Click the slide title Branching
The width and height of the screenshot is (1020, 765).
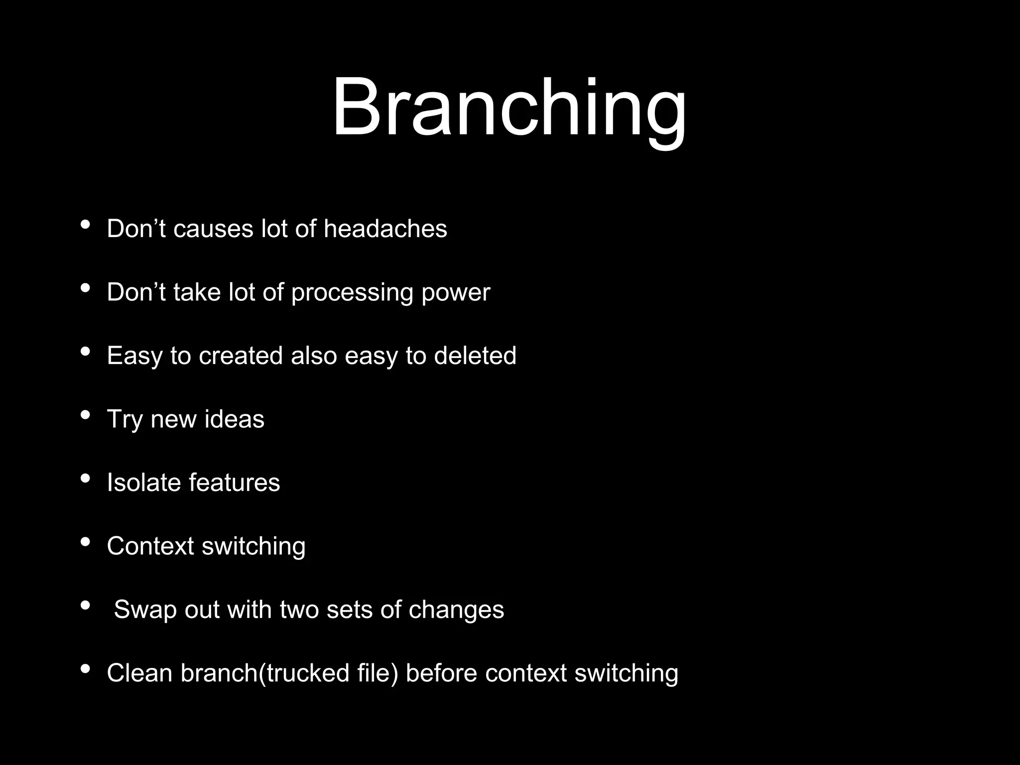(x=509, y=109)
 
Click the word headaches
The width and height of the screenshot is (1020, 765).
(x=385, y=229)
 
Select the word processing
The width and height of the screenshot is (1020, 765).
(x=352, y=293)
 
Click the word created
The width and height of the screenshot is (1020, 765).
(x=241, y=356)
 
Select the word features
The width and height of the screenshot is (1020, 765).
(x=234, y=483)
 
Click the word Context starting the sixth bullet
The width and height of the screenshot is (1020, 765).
(x=150, y=546)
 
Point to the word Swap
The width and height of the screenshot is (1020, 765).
(x=145, y=610)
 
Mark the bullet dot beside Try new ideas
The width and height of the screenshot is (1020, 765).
(x=85, y=415)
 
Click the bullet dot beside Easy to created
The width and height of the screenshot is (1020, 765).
(x=85, y=352)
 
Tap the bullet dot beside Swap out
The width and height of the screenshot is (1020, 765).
(x=85, y=606)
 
